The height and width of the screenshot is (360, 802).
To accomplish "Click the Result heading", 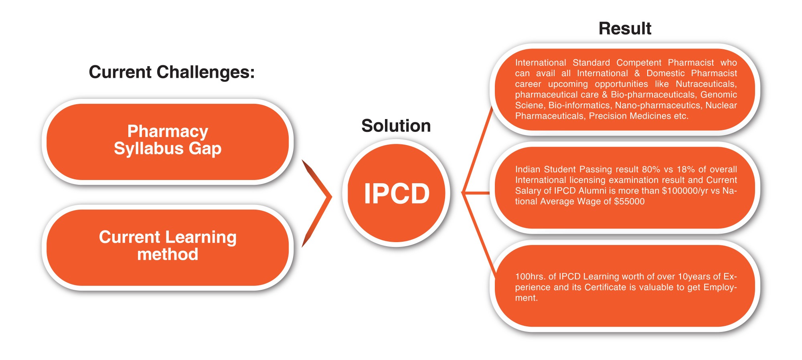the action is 624,29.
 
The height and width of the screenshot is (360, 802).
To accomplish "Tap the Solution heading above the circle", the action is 396,126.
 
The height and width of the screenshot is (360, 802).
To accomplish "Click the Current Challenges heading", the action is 172,72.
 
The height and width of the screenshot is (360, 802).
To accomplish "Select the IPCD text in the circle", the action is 396,194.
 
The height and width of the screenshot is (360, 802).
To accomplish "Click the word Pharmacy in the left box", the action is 168,131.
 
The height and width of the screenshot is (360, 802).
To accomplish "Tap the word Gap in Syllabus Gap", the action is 205,149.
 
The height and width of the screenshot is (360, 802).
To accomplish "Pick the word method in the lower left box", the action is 168,254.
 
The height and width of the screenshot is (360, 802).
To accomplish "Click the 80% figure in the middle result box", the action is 651,169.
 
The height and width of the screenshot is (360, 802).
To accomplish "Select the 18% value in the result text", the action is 686,169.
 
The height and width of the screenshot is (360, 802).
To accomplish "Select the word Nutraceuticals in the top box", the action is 706,84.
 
